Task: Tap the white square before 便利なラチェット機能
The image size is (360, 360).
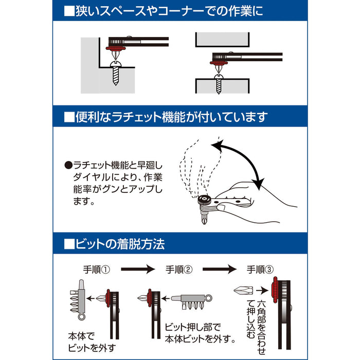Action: point(69,117)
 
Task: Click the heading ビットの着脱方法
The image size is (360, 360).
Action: point(119,243)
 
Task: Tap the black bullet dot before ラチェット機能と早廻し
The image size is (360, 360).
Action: point(68,166)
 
